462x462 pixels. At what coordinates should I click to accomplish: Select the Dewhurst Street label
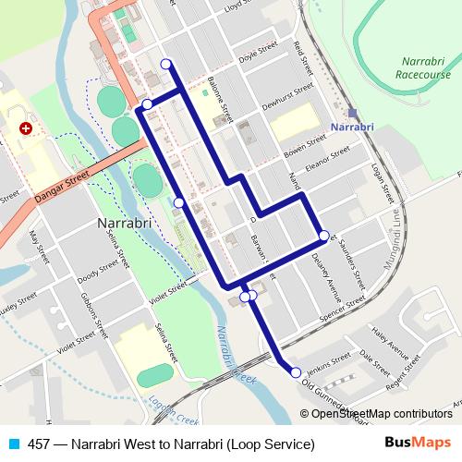coord(282,98)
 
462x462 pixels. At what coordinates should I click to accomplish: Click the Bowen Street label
coord(306,143)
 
